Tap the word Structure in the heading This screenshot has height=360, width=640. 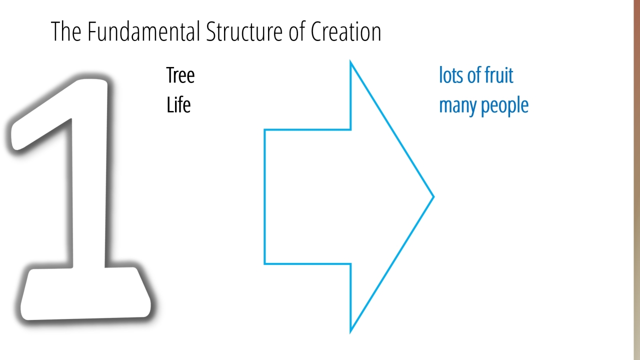tap(244, 31)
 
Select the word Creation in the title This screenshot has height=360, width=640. tap(346, 31)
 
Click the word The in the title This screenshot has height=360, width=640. tap(66, 31)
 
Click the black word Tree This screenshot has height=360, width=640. tap(180, 75)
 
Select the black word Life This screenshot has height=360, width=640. tap(178, 105)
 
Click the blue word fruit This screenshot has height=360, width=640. tap(499, 75)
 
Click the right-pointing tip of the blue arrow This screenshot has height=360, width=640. tap(433, 196)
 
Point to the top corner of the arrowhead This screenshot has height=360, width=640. tap(350, 61)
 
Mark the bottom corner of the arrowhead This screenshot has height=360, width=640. tap(350, 332)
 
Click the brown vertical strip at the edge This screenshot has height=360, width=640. tap(637, 180)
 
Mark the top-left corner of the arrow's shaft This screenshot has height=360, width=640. tap(264, 130)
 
